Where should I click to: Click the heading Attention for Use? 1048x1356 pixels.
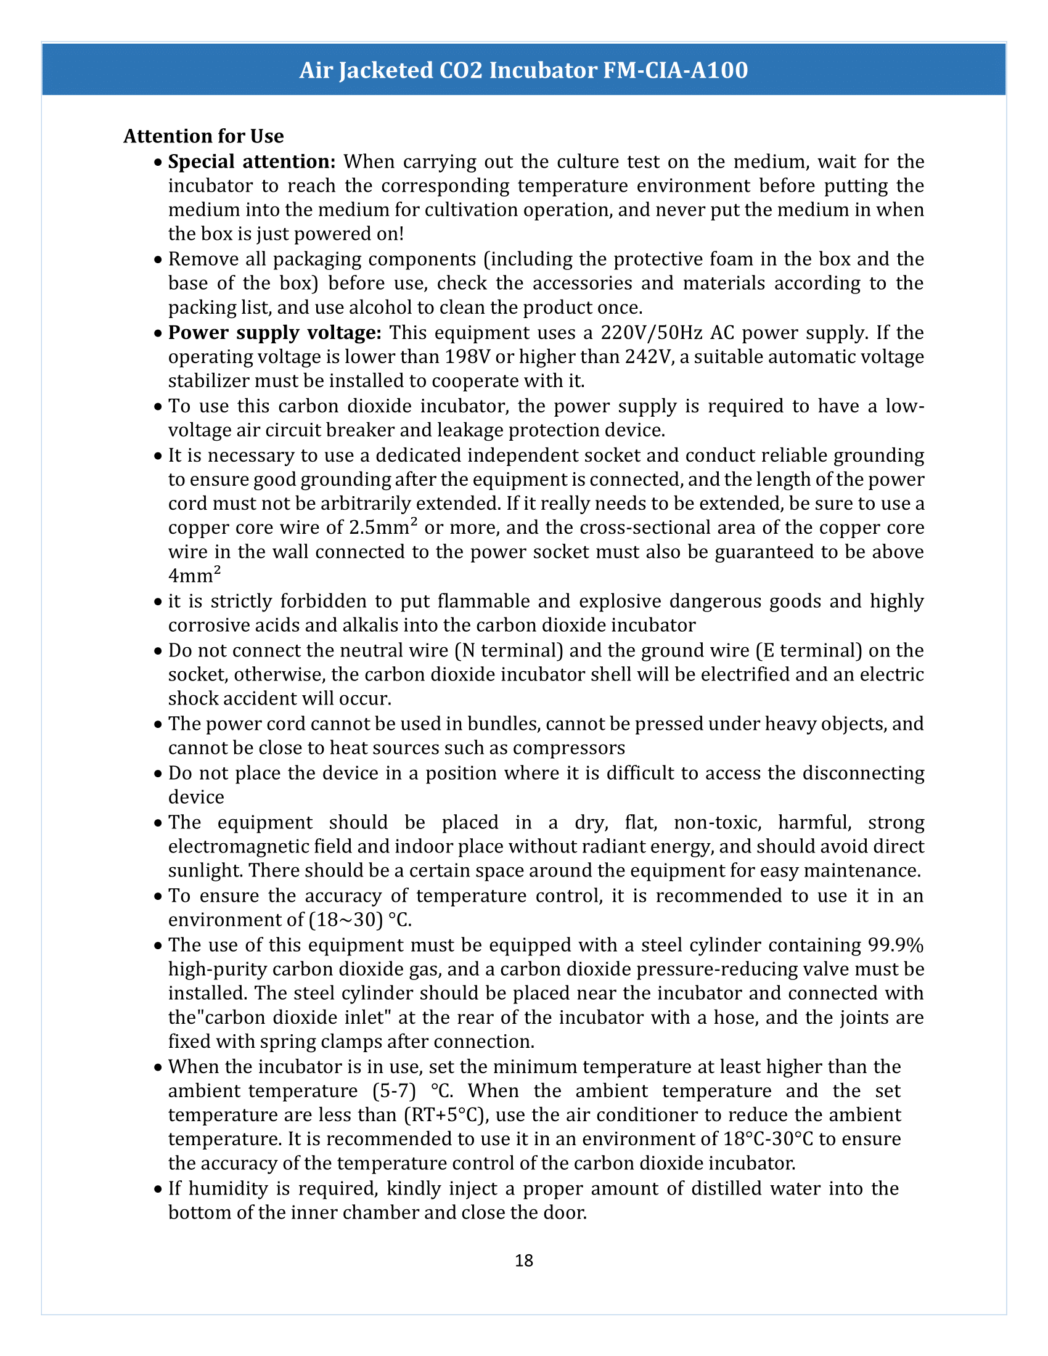pyautogui.click(x=203, y=136)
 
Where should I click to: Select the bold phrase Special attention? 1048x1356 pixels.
pyautogui.click(x=252, y=161)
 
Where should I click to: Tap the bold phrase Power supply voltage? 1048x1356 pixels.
pyautogui.click(x=274, y=333)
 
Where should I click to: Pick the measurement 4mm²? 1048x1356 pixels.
pyautogui.click(x=194, y=576)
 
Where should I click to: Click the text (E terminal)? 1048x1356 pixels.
pyautogui.click(x=809, y=650)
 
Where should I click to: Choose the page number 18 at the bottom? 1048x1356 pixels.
pyautogui.click(x=523, y=1260)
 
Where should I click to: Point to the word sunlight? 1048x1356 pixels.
pyautogui.click(x=205, y=870)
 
